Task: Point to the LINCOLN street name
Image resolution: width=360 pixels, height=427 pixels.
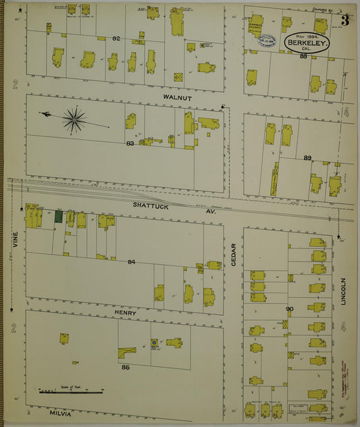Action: [x=343, y=291]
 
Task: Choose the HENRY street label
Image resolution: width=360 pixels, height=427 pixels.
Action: [x=125, y=313]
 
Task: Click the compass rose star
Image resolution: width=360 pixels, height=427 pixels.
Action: [x=74, y=120]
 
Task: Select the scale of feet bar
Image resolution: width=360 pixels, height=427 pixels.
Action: [x=71, y=391]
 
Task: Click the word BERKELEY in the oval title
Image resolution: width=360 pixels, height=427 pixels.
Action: [x=308, y=43]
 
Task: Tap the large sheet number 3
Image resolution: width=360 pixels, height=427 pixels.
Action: [x=345, y=20]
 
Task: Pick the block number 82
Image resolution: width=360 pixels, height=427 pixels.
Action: [x=116, y=39]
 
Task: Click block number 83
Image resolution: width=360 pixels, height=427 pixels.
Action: [x=129, y=143]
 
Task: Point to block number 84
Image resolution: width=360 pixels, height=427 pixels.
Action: [x=131, y=262]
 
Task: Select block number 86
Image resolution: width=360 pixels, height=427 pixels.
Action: [x=126, y=368]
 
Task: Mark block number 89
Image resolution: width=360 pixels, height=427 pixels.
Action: [x=307, y=157]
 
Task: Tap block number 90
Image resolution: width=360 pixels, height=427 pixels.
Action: [x=290, y=309]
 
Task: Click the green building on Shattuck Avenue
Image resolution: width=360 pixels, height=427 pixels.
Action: [x=59, y=217]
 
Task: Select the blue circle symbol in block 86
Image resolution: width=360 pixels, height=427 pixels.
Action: [x=154, y=343]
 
